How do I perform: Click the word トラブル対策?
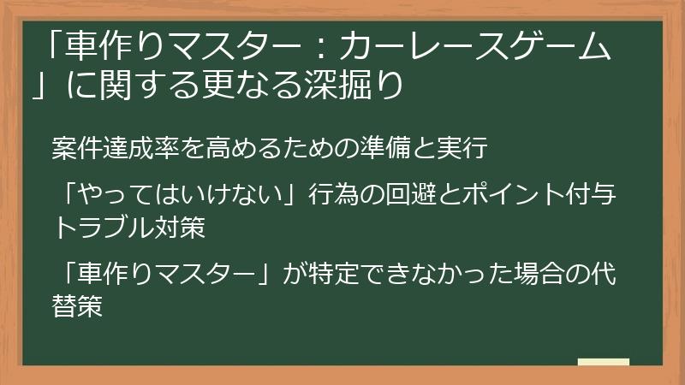129,228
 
